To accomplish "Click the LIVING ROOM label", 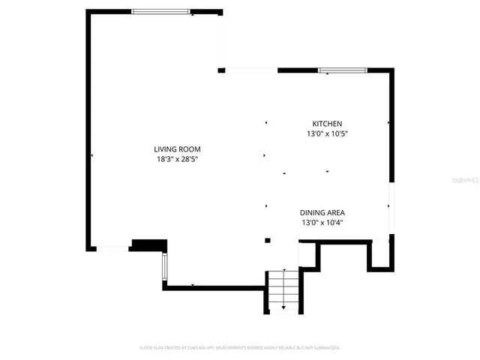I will point(178,148).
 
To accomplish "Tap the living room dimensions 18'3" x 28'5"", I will point(178,159).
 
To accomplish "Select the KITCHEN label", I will point(327,124).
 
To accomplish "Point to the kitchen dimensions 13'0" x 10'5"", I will point(327,133).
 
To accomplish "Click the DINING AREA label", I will point(322,212).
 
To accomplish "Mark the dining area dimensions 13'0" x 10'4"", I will point(322,222).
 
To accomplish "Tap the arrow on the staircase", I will point(283,307).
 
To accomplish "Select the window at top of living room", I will point(161,11).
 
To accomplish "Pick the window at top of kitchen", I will point(342,70).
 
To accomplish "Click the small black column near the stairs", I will point(268,240).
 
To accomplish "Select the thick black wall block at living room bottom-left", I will point(148,244).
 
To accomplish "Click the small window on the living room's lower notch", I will point(164,266).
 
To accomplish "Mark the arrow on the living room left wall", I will point(91,155).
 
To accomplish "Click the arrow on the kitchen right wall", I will point(388,122).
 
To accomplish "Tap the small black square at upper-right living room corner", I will point(221,70).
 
